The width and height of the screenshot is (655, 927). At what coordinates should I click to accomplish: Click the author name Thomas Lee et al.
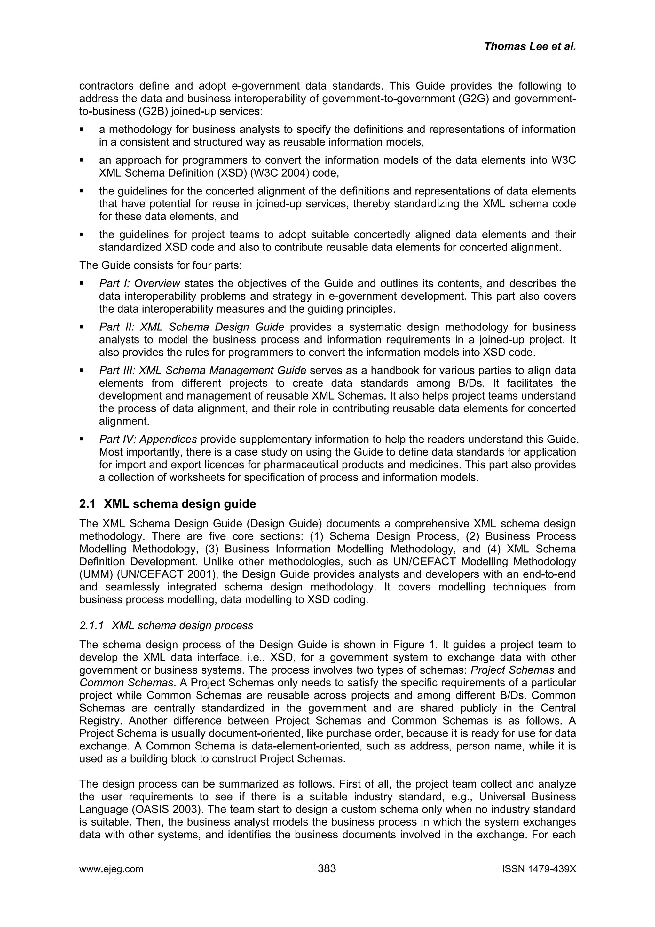coord(530,46)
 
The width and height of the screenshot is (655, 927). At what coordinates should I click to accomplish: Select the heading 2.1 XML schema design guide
coord(168,504)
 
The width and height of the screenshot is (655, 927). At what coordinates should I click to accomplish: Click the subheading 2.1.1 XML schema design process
coord(166,625)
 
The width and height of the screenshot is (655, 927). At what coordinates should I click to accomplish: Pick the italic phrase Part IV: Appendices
coord(148,439)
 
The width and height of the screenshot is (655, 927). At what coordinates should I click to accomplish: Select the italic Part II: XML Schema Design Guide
coord(192,327)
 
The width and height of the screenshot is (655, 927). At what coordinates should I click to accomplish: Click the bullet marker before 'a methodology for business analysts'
coord(82,130)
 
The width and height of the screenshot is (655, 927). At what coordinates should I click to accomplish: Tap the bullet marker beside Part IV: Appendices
coord(82,439)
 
